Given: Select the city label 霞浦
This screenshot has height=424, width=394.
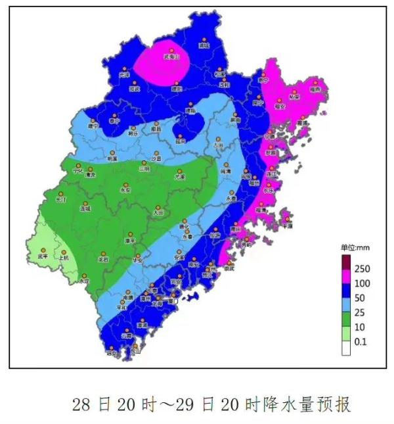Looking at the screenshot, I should [301, 123].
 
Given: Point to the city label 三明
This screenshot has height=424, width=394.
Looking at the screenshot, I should [144, 169].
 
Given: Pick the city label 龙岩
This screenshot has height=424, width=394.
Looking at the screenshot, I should [103, 260].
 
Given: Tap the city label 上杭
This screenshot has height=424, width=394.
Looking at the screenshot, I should [64, 258].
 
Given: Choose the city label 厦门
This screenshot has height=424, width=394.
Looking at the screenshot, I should [173, 301].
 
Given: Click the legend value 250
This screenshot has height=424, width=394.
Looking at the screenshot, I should [362, 269].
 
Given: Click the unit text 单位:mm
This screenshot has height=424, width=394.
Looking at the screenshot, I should [355, 248].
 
